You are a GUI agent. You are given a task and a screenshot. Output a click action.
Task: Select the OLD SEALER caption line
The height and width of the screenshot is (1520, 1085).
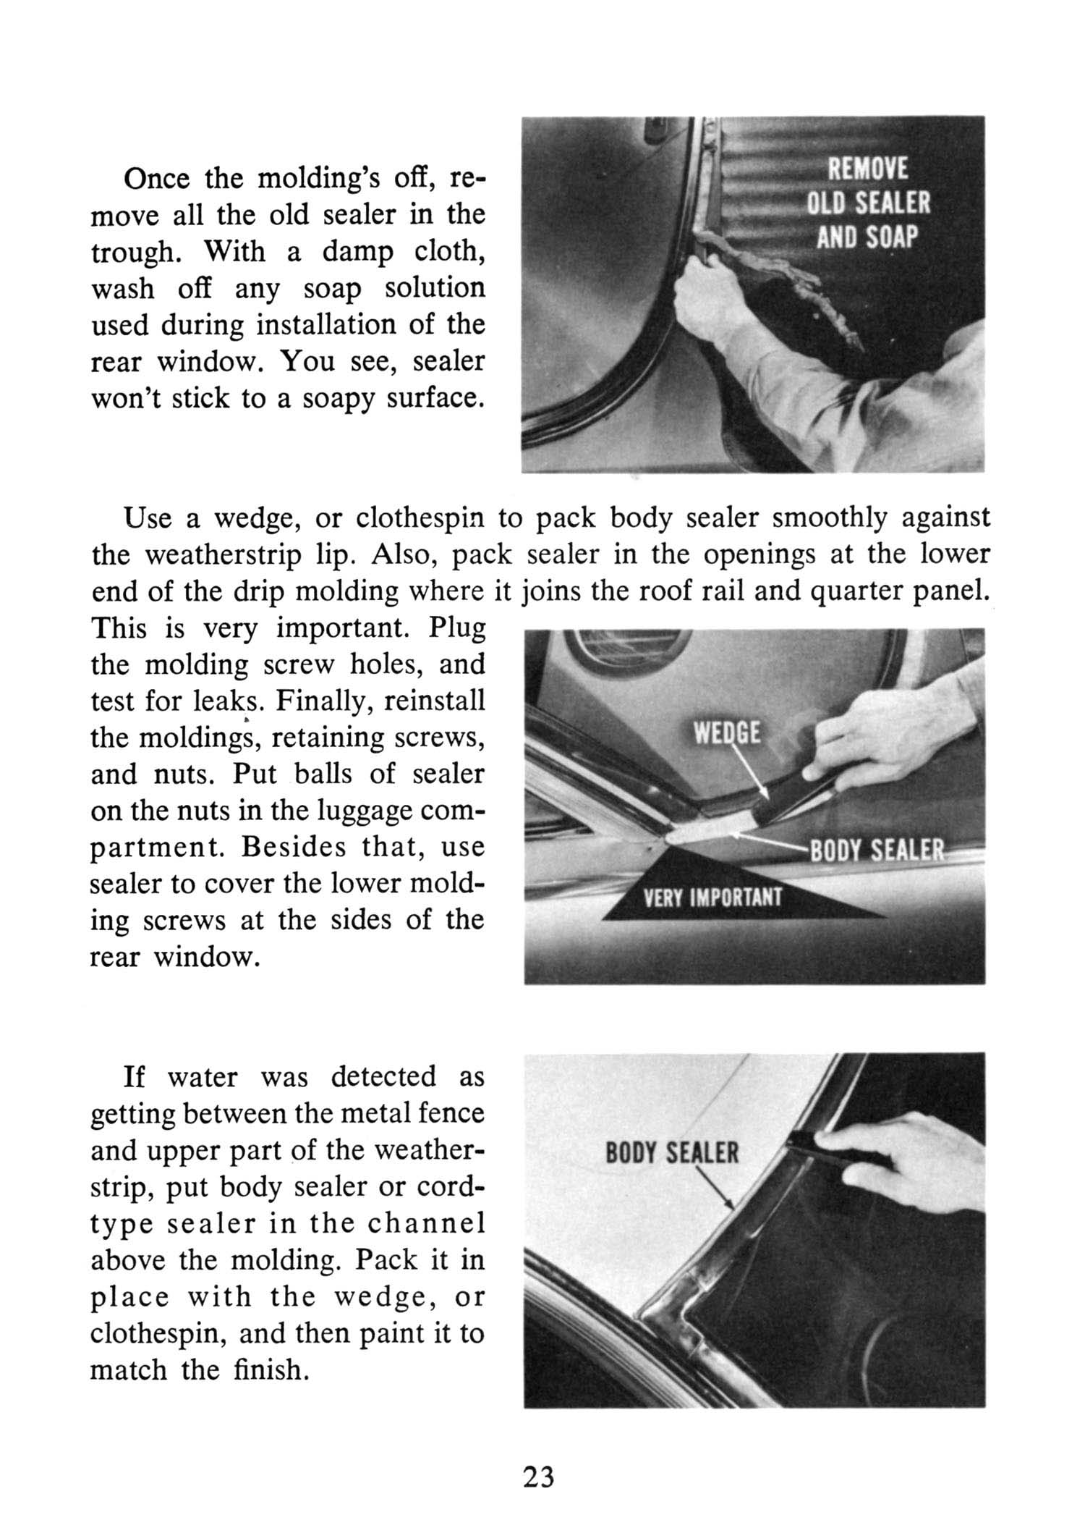(868, 203)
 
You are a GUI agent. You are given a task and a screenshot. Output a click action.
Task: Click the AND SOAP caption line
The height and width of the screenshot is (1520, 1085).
(867, 237)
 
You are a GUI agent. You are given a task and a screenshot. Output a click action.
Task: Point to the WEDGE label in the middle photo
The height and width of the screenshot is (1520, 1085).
(727, 734)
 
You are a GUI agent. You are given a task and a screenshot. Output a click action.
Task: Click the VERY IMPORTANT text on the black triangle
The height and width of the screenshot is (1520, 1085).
(712, 898)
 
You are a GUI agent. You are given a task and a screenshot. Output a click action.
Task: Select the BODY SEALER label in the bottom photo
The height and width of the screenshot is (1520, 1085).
(672, 1152)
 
